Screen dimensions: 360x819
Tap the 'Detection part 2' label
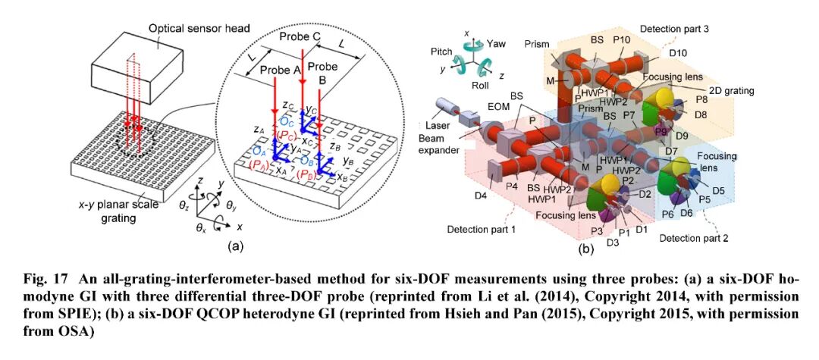coord(693,238)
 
